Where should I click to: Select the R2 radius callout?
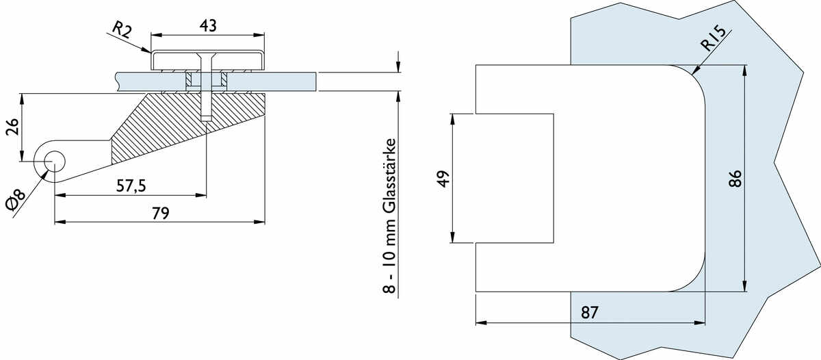(121, 29)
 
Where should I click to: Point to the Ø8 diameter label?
(15, 205)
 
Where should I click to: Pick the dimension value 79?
(160, 213)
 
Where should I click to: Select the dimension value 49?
(443, 179)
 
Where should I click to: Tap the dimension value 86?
(735, 179)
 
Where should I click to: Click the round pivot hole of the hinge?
(54, 162)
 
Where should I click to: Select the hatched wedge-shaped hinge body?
(185, 123)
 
